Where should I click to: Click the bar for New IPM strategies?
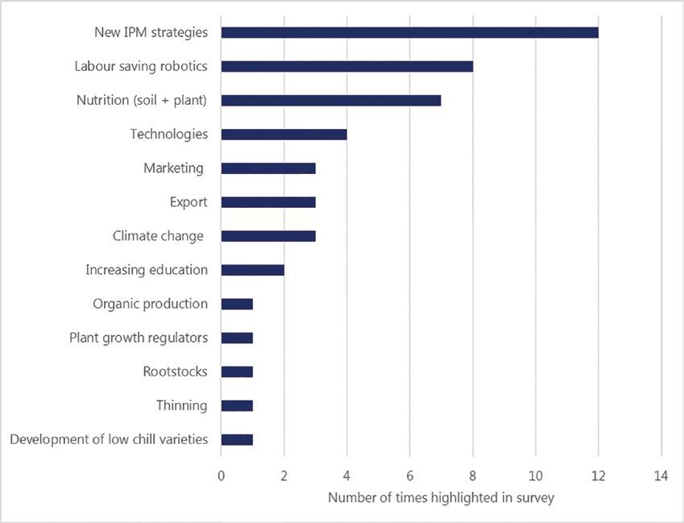[x=409, y=32]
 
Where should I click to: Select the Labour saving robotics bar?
[x=346, y=66]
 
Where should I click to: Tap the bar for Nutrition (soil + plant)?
[x=331, y=101]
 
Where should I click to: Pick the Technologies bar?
[x=284, y=135]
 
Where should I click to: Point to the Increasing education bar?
[x=252, y=270]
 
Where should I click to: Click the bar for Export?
[x=268, y=202]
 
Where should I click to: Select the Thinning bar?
[x=237, y=405]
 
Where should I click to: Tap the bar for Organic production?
[x=237, y=304]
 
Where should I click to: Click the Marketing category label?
[x=173, y=168]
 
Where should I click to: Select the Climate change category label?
[x=158, y=236]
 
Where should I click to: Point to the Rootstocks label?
[x=175, y=371]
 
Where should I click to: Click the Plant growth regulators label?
[x=139, y=338]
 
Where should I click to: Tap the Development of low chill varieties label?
[x=109, y=439]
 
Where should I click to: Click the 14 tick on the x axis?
[x=661, y=476]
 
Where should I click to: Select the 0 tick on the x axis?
[x=222, y=476]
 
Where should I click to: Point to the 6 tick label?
[x=409, y=476]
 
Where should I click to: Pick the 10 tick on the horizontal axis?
[x=535, y=476]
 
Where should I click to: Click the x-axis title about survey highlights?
[x=441, y=498]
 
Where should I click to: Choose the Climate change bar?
[x=268, y=236]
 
